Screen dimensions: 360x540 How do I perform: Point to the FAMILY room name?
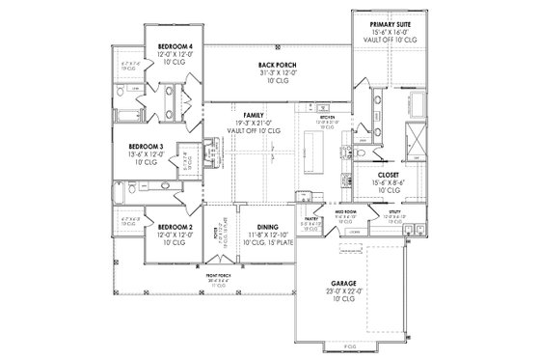tap(255, 114)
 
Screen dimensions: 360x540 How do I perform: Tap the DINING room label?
tap(255, 227)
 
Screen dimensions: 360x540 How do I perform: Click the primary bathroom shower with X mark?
tap(421, 130)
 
